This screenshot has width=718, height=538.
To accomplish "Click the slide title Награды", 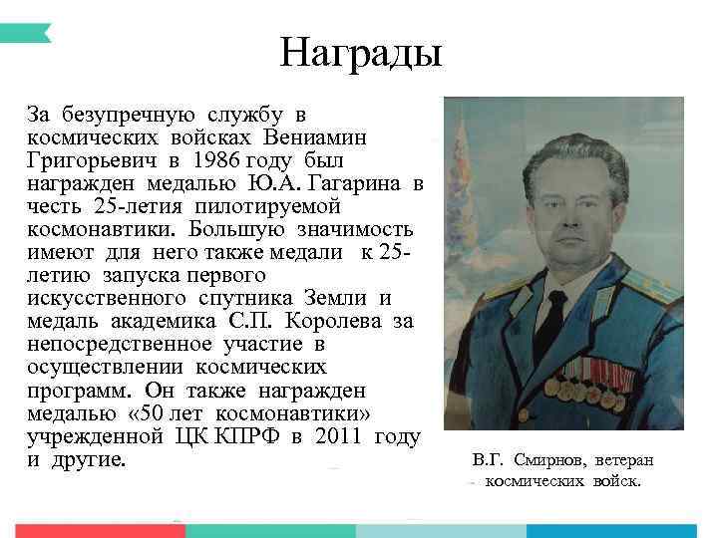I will pos(360,53).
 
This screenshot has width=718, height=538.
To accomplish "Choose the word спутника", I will pos(245,298).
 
